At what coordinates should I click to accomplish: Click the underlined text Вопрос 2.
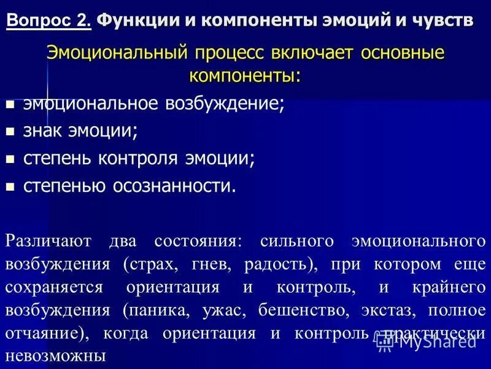[x=48, y=20]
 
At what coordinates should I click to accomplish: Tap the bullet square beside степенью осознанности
[x=10, y=186]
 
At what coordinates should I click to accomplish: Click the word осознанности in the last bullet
[x=174, y=186]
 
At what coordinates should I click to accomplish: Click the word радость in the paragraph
[x=274, y=265]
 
